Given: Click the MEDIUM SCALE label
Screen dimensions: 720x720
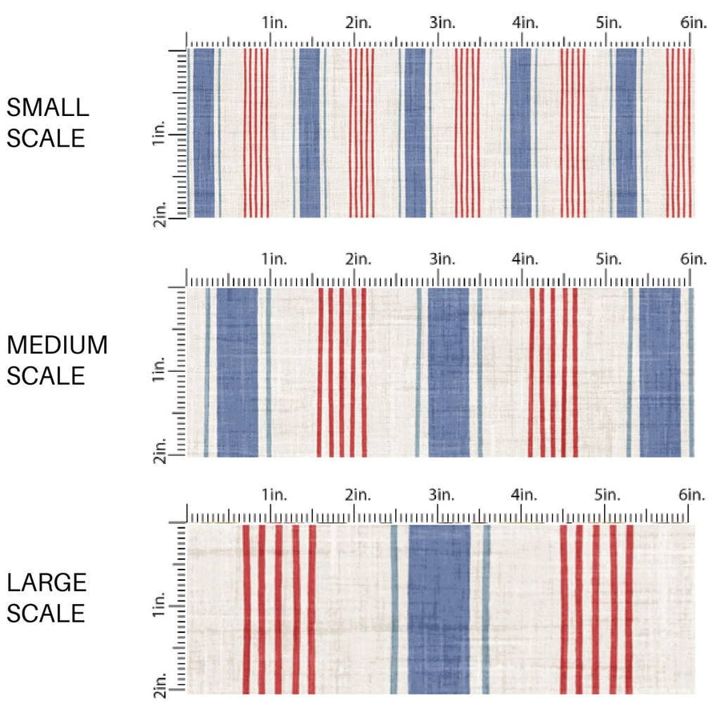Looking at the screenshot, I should click(x=57, y=360).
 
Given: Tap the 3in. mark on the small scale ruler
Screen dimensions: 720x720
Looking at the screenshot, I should click(x=442, y=23).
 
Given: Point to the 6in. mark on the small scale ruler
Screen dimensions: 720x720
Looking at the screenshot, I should click(x=694, y=23).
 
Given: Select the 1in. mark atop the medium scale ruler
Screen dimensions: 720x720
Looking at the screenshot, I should click(x=274, y=259).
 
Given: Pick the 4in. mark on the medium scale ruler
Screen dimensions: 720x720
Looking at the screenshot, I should click(x=526, y=259).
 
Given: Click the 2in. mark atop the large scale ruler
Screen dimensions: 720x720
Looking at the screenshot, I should click(x=358, y=495).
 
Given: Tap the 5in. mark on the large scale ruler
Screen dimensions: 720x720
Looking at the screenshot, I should click(x=609, y=495).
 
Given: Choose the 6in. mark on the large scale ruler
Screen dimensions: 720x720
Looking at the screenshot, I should click(x=693, y=495).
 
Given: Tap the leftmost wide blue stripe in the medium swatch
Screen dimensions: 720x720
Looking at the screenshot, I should click(x=238, y=372).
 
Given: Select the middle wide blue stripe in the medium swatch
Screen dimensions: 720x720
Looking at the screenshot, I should click(x=449, y=372).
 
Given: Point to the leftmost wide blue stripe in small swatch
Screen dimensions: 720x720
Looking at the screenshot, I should click(x=204, y=132).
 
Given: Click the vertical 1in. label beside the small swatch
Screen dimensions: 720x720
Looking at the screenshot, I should click(x=158, y=138).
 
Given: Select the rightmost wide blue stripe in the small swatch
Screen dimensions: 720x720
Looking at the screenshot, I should click(x=626, y=132).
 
